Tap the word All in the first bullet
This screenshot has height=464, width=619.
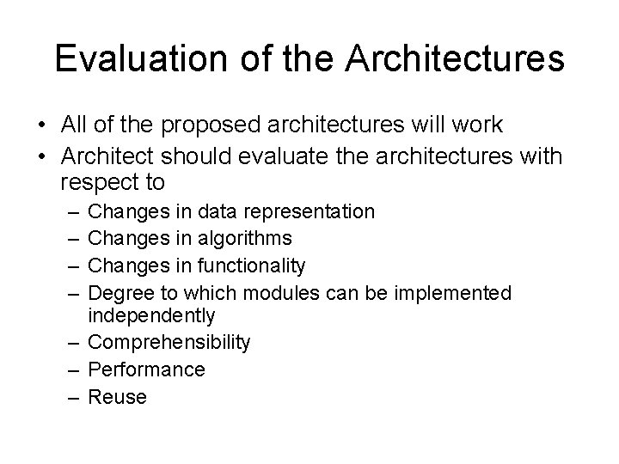tap(75, 125)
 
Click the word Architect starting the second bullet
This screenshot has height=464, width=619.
tap(107, 156)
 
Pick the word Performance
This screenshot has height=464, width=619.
tap(147, 370)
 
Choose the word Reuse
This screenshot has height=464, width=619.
tap(118, 397)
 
